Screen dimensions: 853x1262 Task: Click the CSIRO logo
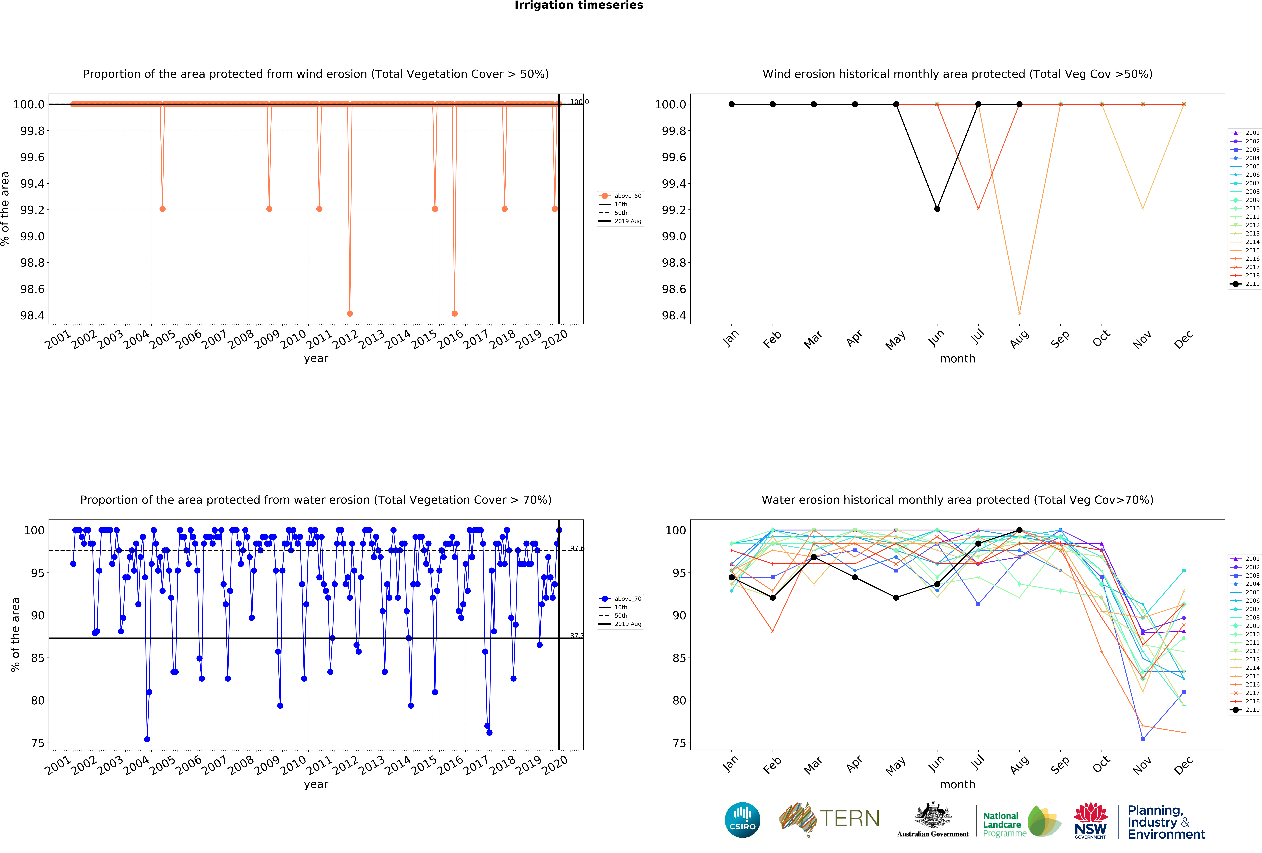tap(742, 820)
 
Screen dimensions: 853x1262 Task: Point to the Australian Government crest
tap(932, 815)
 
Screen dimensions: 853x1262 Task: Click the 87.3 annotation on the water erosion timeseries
tap(577, 635)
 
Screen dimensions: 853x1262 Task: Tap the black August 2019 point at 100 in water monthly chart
tap(1019, 530)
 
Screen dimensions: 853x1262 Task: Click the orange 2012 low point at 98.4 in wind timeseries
tap(350, 313)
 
